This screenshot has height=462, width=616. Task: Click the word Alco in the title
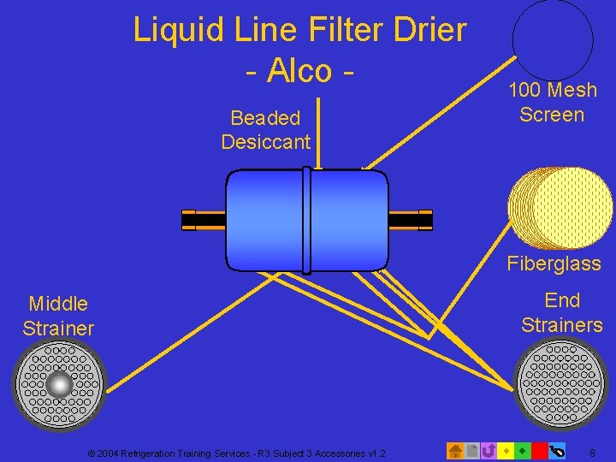pyautogui.click(x=299, y=70)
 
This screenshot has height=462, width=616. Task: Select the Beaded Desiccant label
pyautogui.click(x=265, y=130)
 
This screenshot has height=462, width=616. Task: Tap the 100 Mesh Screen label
pyautogui.click(x=552, y=103)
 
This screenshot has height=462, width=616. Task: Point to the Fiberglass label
pyautogui.click(x=554, y=264)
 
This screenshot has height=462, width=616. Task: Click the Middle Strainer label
pyautogui.click(x=58, y=316)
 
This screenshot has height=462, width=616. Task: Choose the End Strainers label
pyautogui.click(x=561, y=312)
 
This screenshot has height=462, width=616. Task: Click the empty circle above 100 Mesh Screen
pyautogui.click(x=552, y=40)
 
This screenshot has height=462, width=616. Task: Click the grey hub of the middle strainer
pyautogui.click(x=59, y=385)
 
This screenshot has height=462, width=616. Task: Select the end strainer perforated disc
pyautogui.click(x=561, y=383)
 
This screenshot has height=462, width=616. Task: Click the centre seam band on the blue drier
pyautogui.click(x=306, y=219)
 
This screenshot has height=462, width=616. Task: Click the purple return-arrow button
pyautogui.click(x=489, y=450)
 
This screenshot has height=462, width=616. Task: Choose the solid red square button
pyautogui.click(x=539, y=450)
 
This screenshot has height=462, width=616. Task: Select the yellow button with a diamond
pyautogui.click(x=506, y=450)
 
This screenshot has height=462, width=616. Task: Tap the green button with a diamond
pyautogui.click(x=522, y=450)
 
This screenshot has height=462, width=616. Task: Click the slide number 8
pyautogui.click(x=592, y=451)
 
